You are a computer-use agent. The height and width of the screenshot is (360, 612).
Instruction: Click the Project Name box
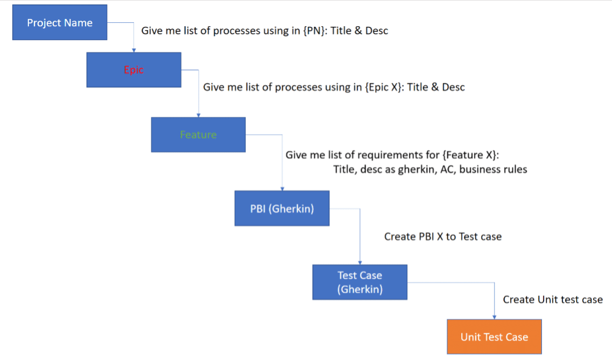click(x=60, y=23)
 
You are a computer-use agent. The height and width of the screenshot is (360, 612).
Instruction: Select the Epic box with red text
click(x=134, y=70)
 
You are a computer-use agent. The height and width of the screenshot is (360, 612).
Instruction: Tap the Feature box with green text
click(x=198, y=135)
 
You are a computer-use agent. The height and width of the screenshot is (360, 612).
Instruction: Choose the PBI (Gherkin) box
click(x=282, y=209)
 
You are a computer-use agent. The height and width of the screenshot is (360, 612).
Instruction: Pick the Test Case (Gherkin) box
click(x=359, y=282)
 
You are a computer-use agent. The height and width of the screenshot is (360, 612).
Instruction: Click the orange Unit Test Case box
click(x=494, y=337)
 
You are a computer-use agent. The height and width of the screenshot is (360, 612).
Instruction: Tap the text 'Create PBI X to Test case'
click(x=443, y=237)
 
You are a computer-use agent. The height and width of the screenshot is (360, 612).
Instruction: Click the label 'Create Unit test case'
click(x=552, y=300)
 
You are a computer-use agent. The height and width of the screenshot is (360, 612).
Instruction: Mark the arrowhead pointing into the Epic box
click(x=134, y=50)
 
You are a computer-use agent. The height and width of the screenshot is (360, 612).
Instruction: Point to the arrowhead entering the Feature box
click(x=199, y=115)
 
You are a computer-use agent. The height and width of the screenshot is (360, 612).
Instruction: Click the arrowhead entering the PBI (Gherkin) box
click(x=282, y=189)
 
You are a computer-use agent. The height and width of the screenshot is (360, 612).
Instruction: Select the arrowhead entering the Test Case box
click(x=360, y=262)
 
